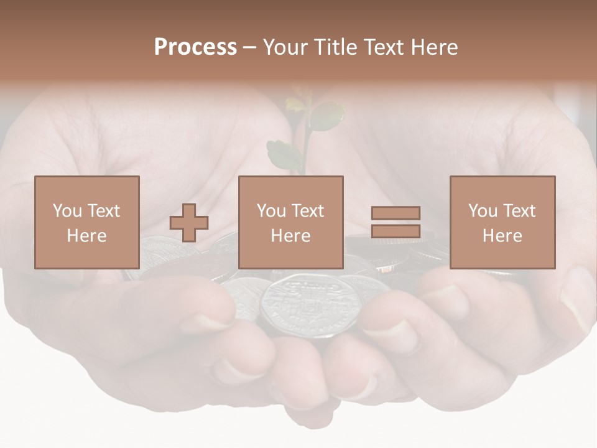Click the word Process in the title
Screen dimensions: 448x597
point(195,47)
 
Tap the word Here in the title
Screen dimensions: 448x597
point(434,47)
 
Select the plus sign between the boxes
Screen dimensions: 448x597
point(189,222)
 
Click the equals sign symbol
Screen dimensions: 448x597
point(396,222)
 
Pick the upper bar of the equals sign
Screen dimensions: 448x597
point(396,213)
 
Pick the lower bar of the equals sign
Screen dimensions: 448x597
point(396,231)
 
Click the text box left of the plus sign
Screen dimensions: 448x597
point(87,222)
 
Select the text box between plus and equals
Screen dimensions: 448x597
point(291,222)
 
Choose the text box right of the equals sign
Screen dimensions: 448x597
point(502,222)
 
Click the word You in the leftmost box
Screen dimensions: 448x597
point(67,211)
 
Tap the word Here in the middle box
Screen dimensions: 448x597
point(291,236)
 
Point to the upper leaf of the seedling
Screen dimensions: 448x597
point(326,116)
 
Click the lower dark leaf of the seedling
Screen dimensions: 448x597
point(284,156)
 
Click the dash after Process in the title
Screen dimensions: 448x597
point(249,48)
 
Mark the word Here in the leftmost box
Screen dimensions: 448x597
point(87,236)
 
